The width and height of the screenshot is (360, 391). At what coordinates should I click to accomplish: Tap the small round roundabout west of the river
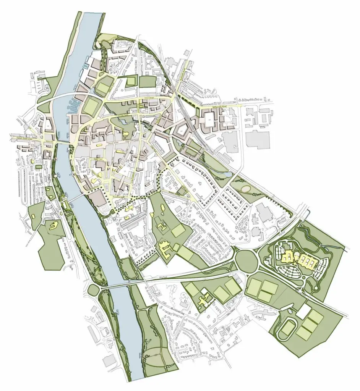click(x=93, y=290)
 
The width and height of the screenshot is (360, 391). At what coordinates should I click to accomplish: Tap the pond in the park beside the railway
click(x=228, y=174)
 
